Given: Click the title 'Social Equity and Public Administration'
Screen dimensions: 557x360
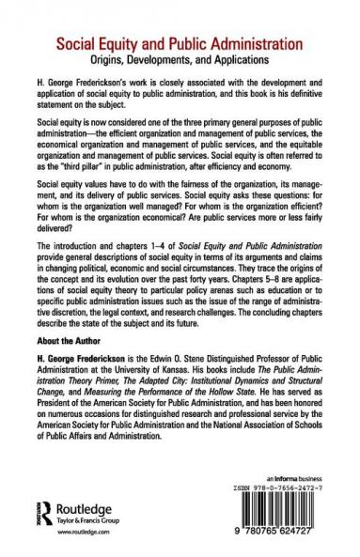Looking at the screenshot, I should [180, 42].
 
